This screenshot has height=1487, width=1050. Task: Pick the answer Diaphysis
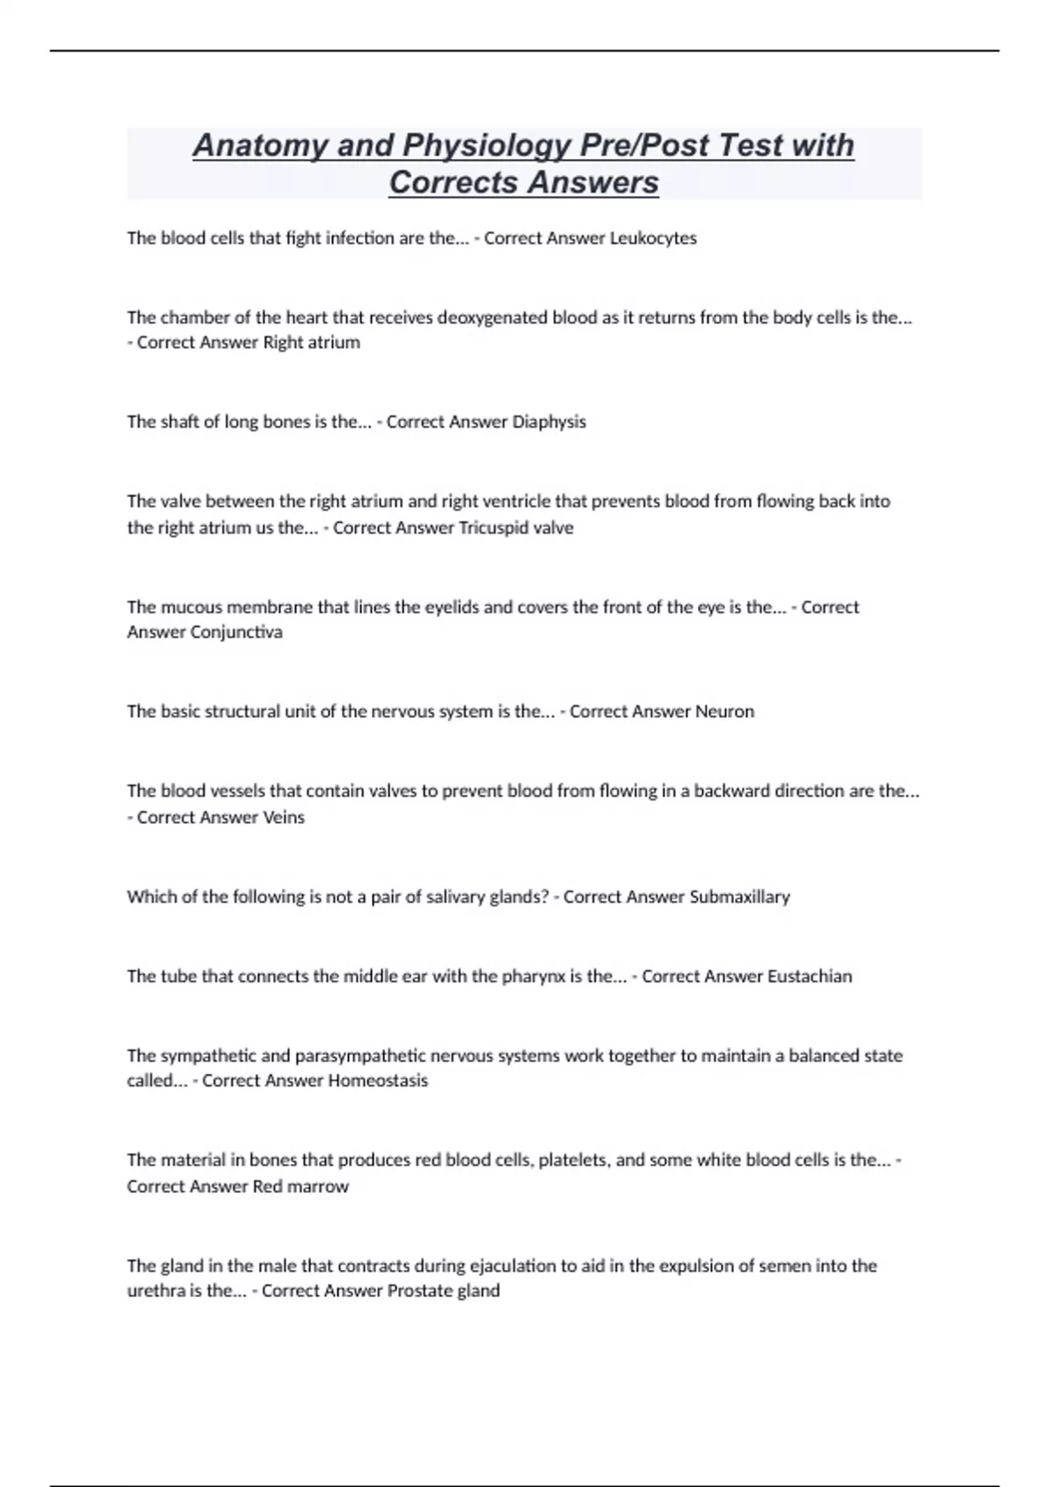pos(549,422)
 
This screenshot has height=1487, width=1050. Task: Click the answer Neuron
pos(724,711)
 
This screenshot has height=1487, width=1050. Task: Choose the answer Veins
pos(283,817)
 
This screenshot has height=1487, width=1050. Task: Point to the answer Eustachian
pos(809,976)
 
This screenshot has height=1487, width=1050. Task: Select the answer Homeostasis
pos(377,1080)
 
